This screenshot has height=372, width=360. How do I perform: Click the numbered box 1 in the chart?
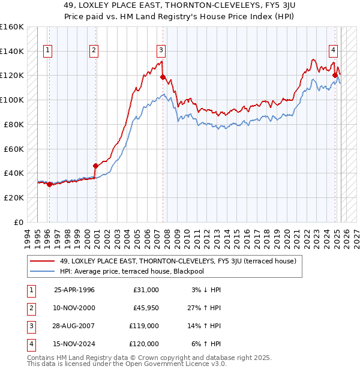[x=47, y=51]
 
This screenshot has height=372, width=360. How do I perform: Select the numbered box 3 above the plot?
[x=162, y=51]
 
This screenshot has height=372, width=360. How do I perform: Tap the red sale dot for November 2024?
[x=336, y=75]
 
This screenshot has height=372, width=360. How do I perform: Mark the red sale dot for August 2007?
[x=163, y=76]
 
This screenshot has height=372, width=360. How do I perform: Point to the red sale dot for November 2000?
[x=95, y=166]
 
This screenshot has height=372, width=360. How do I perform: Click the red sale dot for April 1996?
[x=49, y=184]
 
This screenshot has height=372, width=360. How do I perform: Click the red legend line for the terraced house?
[x=43, y=261]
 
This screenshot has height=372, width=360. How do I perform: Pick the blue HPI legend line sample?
[x=43, y=271]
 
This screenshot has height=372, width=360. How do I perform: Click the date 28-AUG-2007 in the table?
[x=76, y=327]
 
